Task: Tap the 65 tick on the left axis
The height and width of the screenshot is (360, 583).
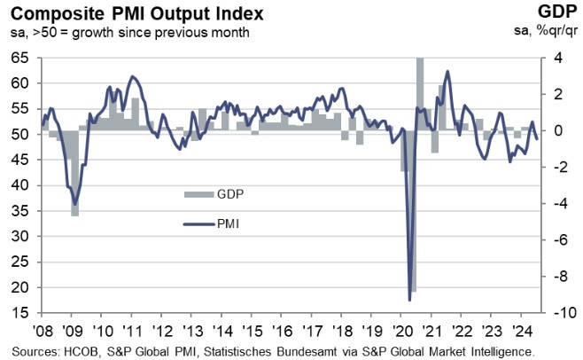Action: (20, 58)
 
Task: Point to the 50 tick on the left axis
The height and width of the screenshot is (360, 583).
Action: (20, 135)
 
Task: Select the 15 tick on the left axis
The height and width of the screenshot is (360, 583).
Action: (20, 314)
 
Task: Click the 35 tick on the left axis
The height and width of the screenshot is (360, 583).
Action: (20, 211)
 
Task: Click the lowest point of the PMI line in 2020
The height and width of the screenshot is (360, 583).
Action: (409, 300)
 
